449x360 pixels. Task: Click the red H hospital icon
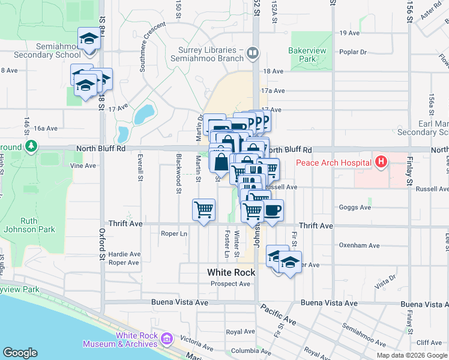click(x=381, y=161)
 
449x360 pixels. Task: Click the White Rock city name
click(x=231, y=272)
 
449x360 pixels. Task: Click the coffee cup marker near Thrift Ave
click(x=273, y=210)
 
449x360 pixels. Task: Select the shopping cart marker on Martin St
click(x=203, y=209)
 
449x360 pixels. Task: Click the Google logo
click(x=20, y=353)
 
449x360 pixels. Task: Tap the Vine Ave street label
click(x=83, y=166)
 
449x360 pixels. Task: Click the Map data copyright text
click(x=412, y=355)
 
